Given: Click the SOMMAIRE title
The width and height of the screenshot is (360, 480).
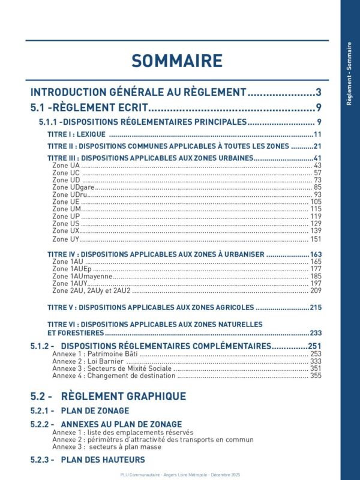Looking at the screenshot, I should click(x=177, y=61).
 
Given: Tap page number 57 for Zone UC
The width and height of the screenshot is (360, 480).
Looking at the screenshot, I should click(x=317, y=173).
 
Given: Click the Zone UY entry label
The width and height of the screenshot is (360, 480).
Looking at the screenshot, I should click(x=65, y=239).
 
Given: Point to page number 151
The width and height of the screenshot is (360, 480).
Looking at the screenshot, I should click(x=316, y=239).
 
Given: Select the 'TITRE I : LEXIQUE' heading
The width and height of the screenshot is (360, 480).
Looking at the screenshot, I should click(x=76, y=134).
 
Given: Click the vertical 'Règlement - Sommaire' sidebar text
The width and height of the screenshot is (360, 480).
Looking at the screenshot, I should click(x=350, y=73).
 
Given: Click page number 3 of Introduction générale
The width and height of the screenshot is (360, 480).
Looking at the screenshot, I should click(x=319, y=92).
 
